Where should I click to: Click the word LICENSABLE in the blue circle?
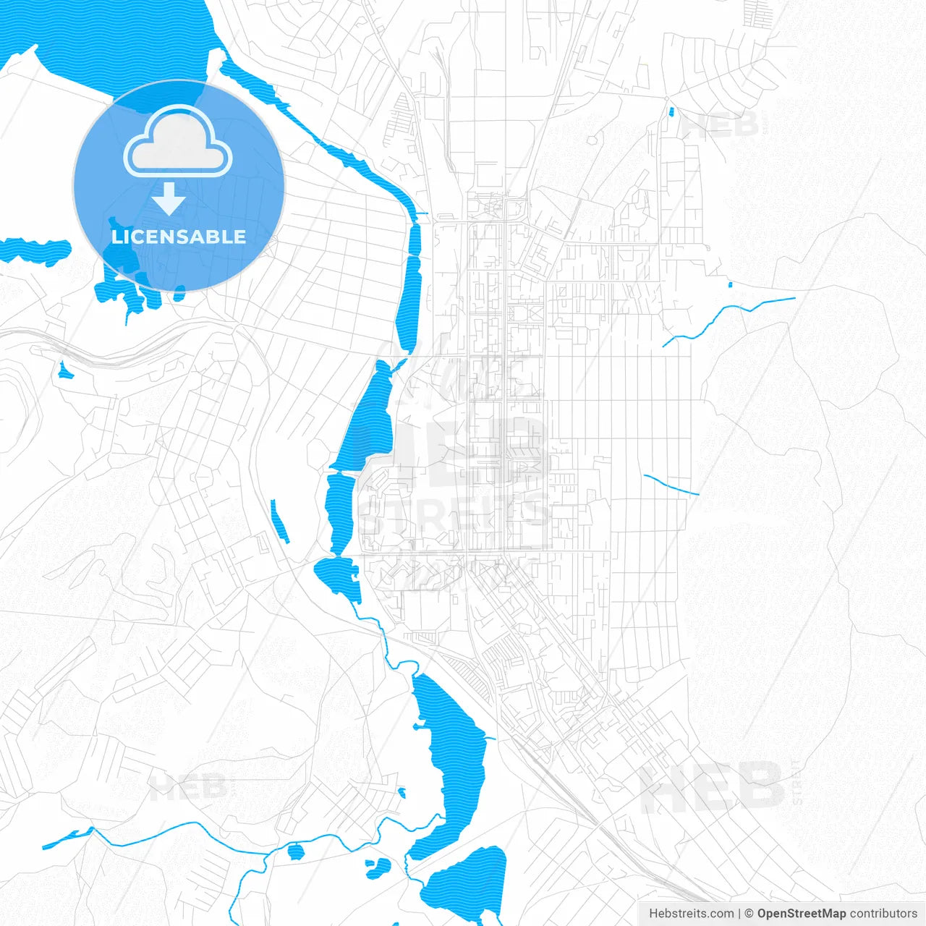click(x=179, y=237)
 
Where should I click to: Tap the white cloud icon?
click(x=178, y=142)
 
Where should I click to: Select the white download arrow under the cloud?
click(x=169, y=198)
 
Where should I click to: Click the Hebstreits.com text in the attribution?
click(x=691, y=914)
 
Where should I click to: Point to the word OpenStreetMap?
click(x=801, y=914)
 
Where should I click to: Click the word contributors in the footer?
click(x=883, y=914)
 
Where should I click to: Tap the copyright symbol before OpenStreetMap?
click(x=749, y=914)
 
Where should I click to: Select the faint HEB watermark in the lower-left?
click(x=187, y=786)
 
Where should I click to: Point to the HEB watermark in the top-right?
click(x=720, y=125)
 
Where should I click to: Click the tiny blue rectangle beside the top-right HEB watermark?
click(x=671, y=111)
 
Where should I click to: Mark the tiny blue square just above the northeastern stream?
click(x=730, y=284)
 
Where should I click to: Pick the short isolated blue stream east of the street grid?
click(x=671, y=485)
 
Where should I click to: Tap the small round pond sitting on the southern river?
click(x=295, y=851)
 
